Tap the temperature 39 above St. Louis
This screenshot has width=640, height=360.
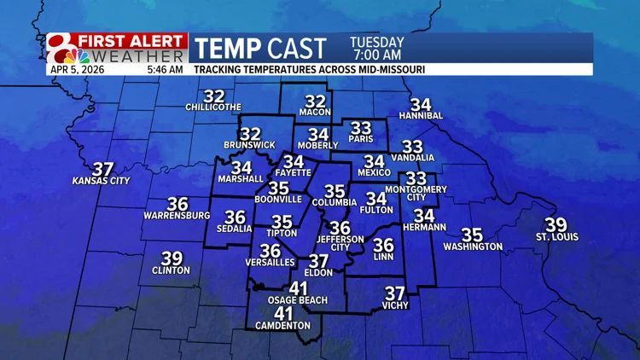[x=556, y=225]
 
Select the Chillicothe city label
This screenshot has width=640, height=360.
[x=214, y=107]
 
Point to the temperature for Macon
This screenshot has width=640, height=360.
[x=316, y=101]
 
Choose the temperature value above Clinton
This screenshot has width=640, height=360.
[x=172, y=258]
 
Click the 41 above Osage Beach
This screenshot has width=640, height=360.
[x=298, y=288]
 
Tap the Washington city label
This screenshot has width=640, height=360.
[x=472, y=247]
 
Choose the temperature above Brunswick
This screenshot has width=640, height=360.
[x=250, y=135]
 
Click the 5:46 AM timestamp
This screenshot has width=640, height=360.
[x=164, y=68]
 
